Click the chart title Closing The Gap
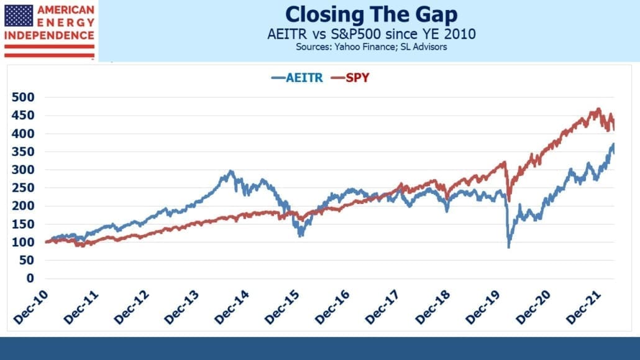click(371, 15)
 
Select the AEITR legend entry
click(297, 78)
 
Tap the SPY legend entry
click(350, 78)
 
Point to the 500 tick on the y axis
click(23, 97)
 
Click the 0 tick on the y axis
click(30, 279)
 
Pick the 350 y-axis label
click(23, 152)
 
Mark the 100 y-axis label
click(23, 242)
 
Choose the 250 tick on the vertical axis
click(23, 188)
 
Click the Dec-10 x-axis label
click(31, 308)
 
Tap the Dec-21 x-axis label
click(583, 308)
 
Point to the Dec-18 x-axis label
click(433, 308)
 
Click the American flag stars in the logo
click(19, 16)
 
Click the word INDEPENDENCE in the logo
click(49, 35)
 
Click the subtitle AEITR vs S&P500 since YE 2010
click(372, 34)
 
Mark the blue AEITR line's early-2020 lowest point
click(508, 247)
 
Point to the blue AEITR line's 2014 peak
click(231, 171)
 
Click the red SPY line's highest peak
click(599, 109)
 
